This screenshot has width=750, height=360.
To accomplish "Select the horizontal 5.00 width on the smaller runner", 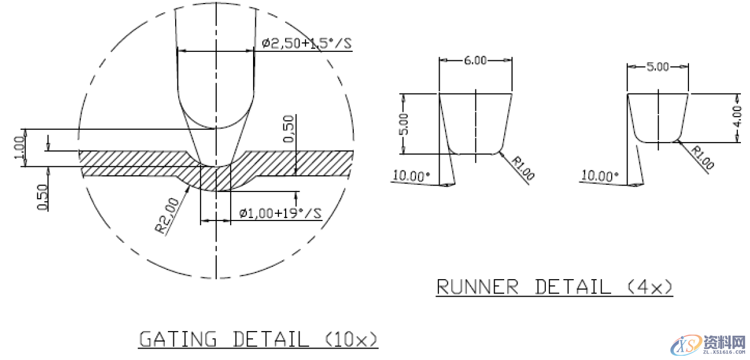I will pos(658,67).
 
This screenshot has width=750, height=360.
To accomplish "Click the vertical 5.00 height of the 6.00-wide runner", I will pos(404,123).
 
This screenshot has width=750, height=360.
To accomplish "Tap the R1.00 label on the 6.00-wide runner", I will pos(522,169).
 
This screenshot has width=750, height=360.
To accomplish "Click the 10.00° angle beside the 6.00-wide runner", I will pos(411,176).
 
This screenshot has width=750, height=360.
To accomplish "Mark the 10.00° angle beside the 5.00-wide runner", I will pos(600,176).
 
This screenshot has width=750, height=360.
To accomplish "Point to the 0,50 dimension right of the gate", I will pos(289,129).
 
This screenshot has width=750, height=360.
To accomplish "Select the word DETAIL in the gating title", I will pos(271,339).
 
